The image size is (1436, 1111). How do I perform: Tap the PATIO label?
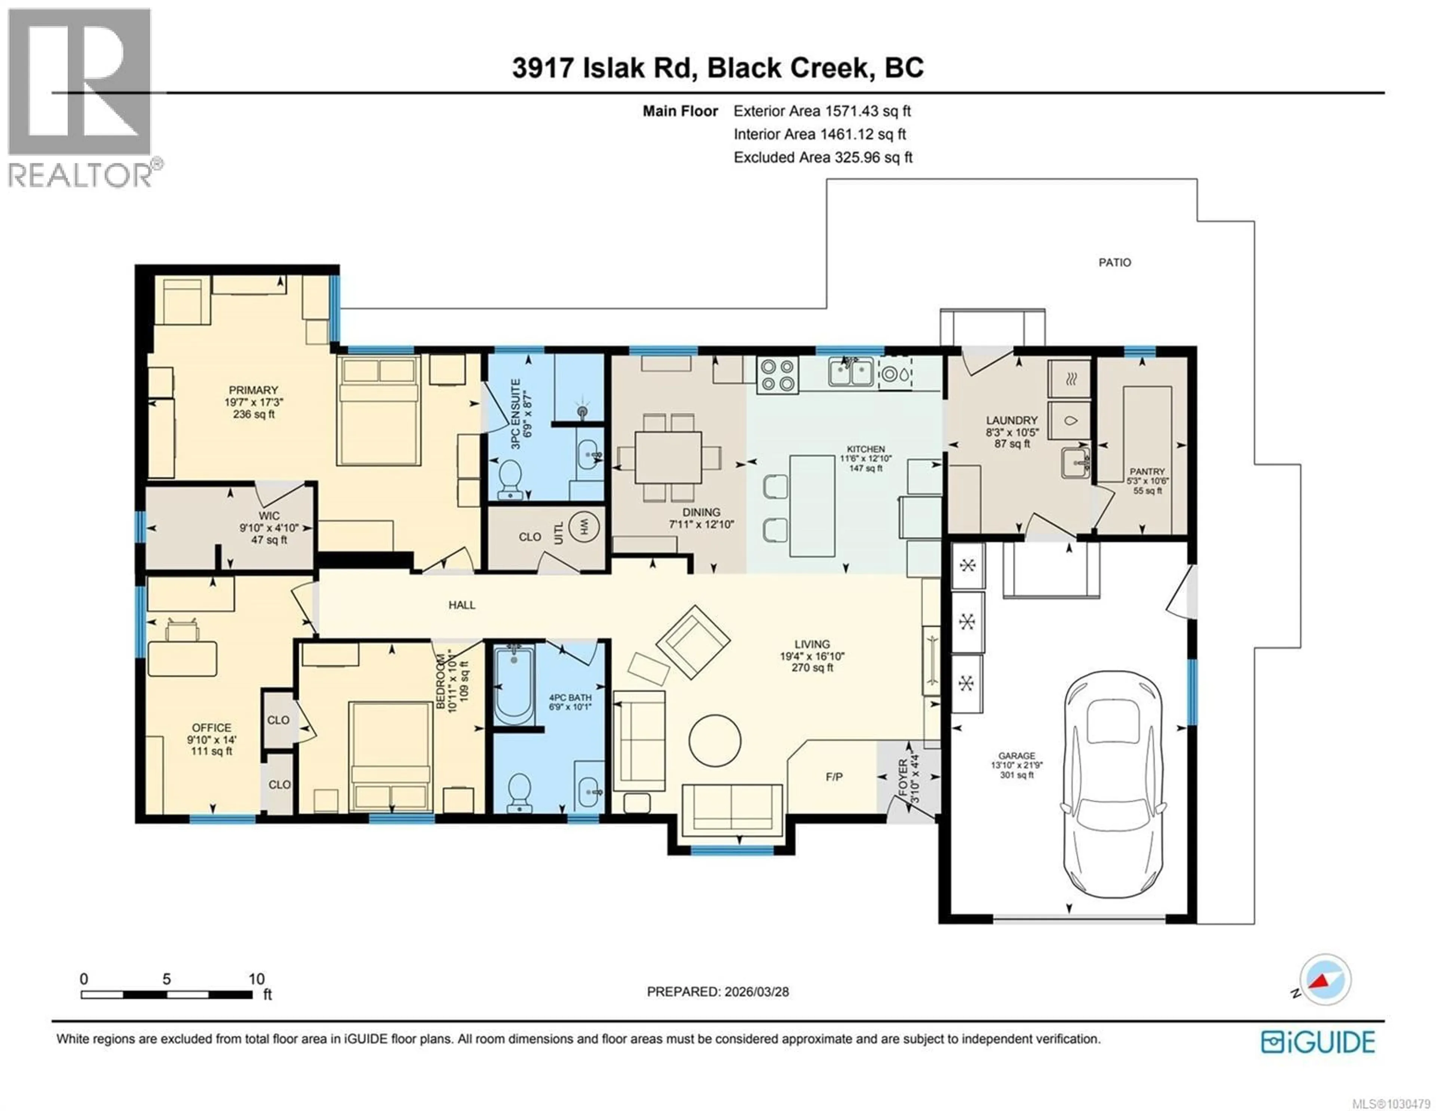1114,262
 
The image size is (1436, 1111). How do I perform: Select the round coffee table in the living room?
715,740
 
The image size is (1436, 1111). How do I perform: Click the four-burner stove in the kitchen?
777,376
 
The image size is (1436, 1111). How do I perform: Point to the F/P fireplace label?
834,777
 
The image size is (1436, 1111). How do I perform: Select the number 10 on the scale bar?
257,979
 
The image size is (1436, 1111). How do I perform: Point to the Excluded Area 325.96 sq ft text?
823,157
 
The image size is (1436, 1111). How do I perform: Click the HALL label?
461,604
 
